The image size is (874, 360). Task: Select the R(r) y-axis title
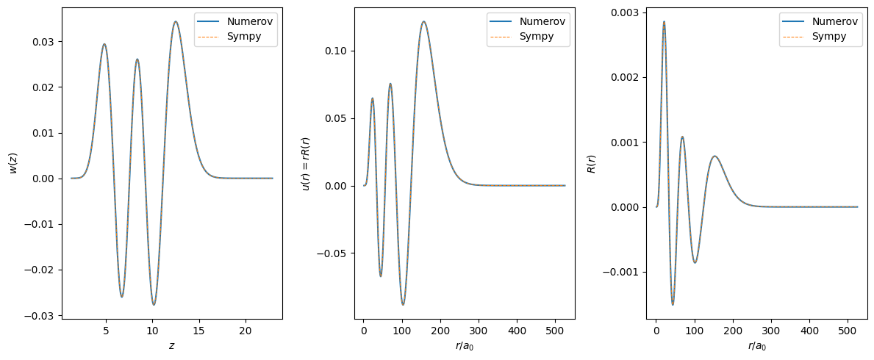coord(591,164)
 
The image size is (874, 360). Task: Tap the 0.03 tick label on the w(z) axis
coord(42,42)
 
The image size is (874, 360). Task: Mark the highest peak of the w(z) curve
coord(176,21)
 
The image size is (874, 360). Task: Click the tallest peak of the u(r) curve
coord(424,21)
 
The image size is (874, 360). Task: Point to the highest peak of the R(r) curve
coord(664,22)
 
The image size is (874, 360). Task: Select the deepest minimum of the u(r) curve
coord(403,304)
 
